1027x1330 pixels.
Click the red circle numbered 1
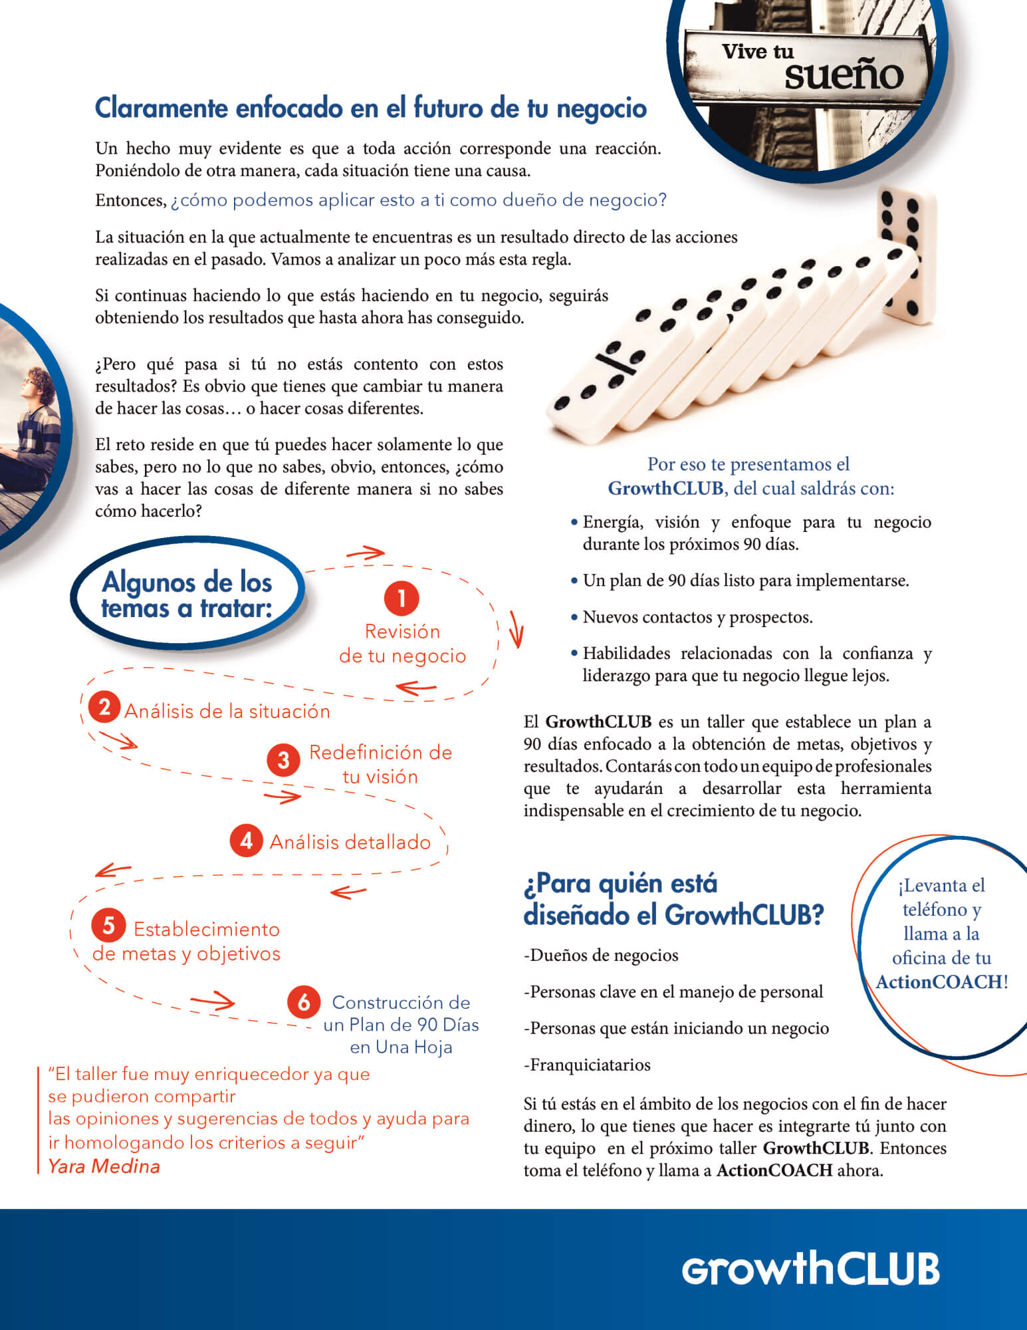(401, 598)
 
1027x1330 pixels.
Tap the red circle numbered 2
(104, 707)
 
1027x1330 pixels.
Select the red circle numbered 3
(284, 759)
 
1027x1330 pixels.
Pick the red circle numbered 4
(246, 841)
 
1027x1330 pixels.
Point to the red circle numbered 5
(108, 925)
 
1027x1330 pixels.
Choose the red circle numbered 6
(304, 1001)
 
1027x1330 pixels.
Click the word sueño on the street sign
(844, 75)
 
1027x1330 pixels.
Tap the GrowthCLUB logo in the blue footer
(810, 1268)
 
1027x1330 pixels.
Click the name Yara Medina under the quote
(104, 1166)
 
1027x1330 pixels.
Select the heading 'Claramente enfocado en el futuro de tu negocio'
(370, 108)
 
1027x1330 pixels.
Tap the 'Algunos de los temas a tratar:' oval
(187, 595)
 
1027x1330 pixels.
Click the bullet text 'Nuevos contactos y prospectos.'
(697, 617)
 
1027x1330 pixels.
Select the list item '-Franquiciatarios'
(587, 1065)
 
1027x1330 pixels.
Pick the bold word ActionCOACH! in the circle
(941, 982)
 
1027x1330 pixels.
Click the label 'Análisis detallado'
(350, 842)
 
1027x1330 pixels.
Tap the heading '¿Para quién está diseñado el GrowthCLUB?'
(673, 899)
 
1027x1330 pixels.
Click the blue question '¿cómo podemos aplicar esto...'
(418, 200)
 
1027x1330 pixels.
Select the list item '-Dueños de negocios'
(601, 956)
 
